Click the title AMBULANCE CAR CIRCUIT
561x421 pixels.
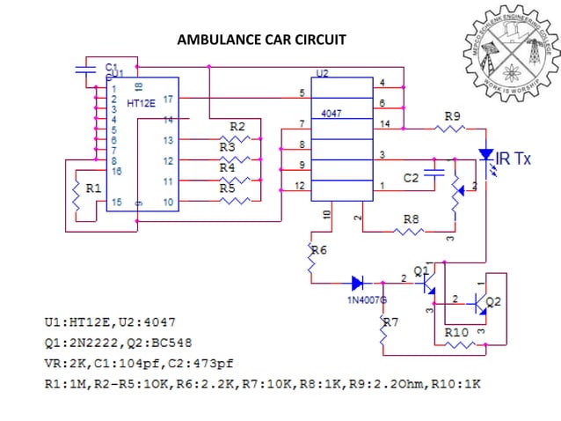pyautogui.click(x=261, y=40)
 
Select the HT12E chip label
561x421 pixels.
pyautogui.click(x=141, y=104)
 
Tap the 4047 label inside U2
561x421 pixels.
pyautogui.click(x=331, y=114)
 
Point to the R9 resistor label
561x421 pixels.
pyautogui.click(x=452, y=115)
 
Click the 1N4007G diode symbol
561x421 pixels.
pyautogui.click(x=358, y=283)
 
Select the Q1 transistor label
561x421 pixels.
pyautogui.click(x=421, y=269)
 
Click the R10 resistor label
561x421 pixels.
pyautogui.click(x=455, y=333)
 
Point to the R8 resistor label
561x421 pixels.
pyautogui.click(x=411, y=218)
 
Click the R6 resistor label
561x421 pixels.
pyautogui.click(x=318, y=250)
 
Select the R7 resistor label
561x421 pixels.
pyautogui.click(x=390, y=322)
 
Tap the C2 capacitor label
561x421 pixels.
pyautogui.click(x=411, y=178)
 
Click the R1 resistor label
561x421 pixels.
pyautogui.click(x=92, y=188)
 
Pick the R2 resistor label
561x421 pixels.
pyautogui.click(x=237, y=127)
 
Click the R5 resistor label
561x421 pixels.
pyautogui.click(x=228, y=188)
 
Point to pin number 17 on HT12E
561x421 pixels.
pyautogui.click(x=168, y=100)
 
